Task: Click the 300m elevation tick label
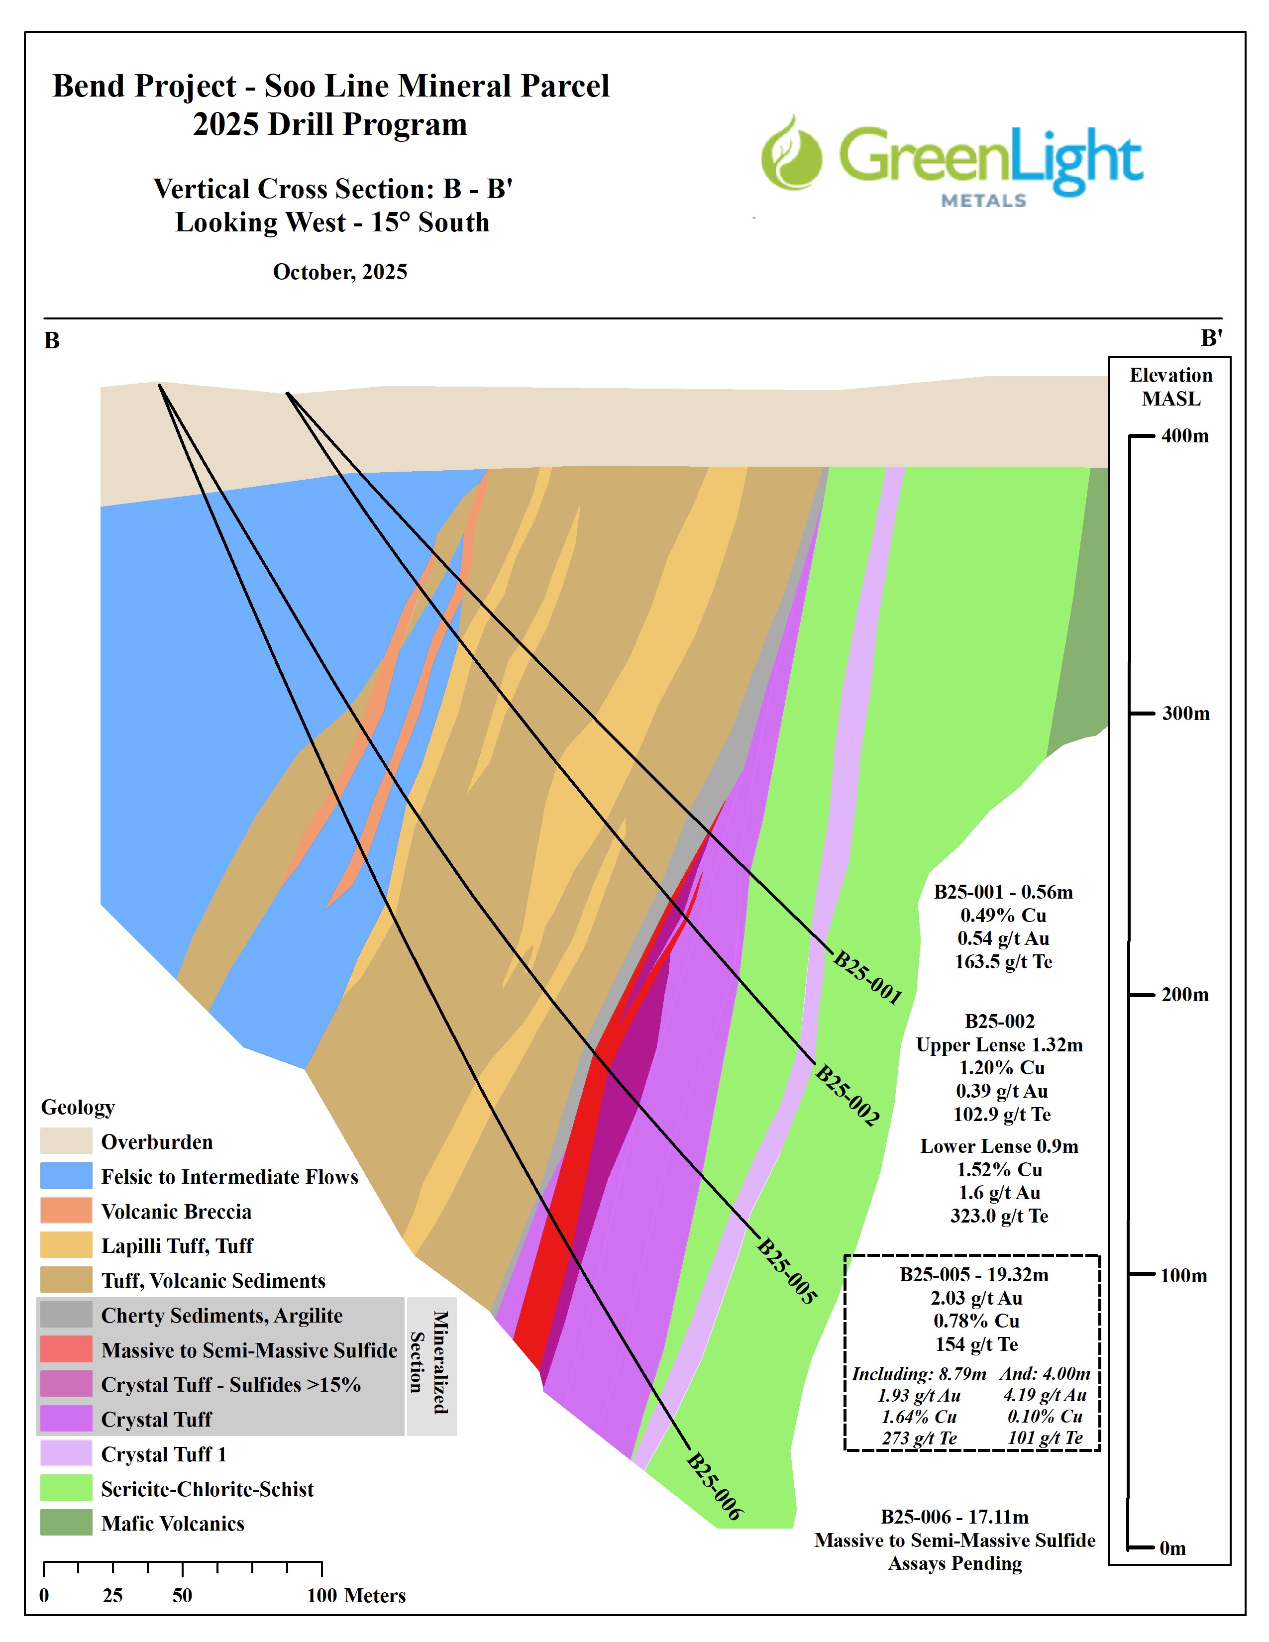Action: click(x=1185, y=714)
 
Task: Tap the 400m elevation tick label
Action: click(x=1185, y=436)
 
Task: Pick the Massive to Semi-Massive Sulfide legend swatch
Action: click(x=66, y=1350)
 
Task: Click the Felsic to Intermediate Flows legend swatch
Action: click(x=66, y=1177)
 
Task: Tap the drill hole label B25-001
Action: click(x=867, y=977)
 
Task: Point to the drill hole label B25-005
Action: click(x=786, y=1271)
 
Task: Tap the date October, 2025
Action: click(x=340, y=272)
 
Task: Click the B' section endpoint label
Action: click(x=1210, y=338)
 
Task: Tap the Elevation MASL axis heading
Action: click(x=1170, y=387)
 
